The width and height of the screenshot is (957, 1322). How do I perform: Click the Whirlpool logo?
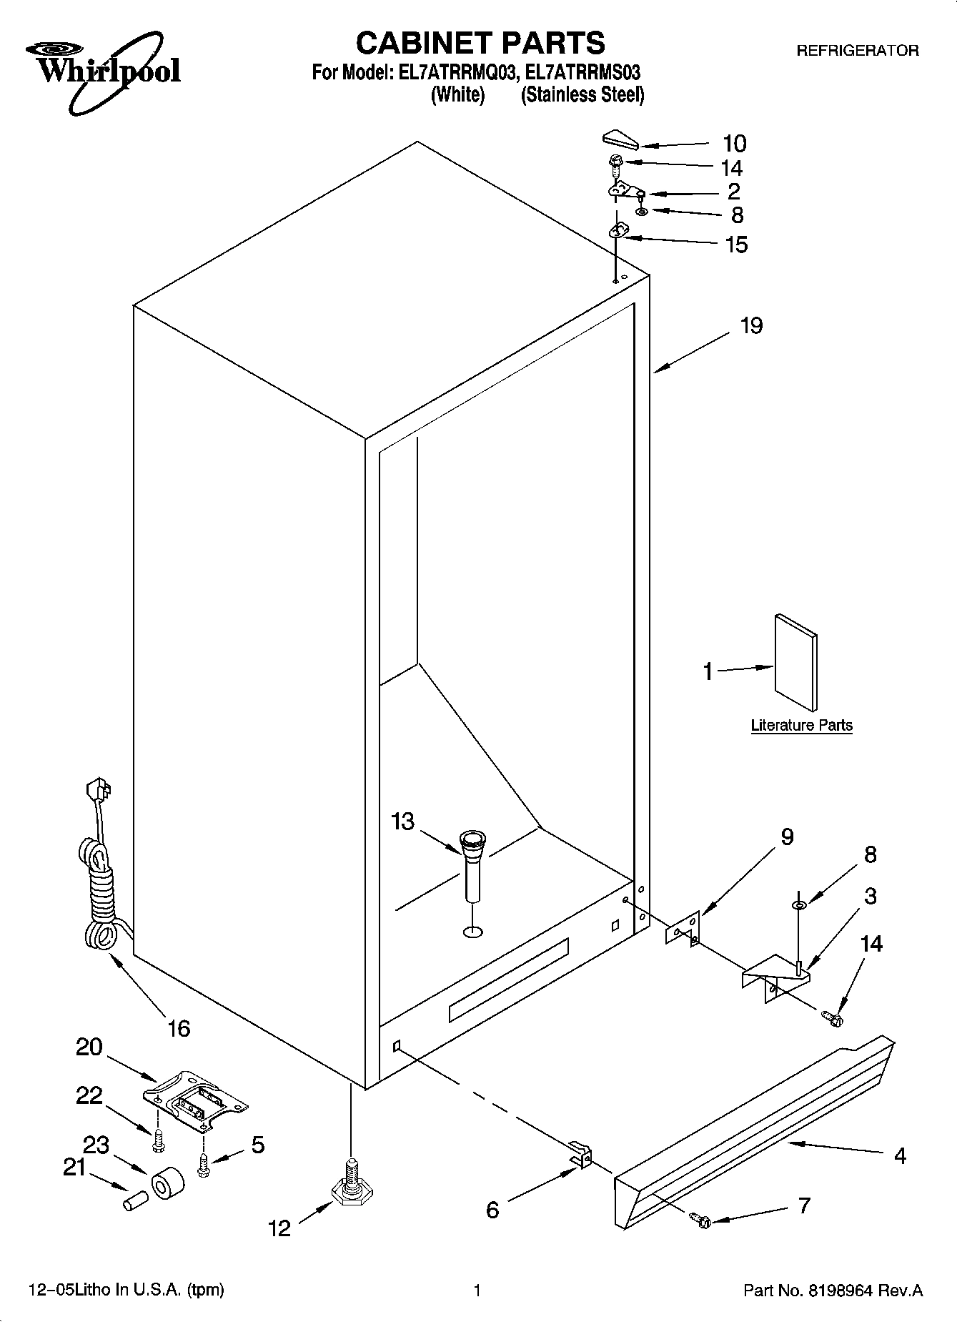pyautogui.click(x=103, y=70)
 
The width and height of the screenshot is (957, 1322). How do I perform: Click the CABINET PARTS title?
pyautogui.click(x=480, y=44)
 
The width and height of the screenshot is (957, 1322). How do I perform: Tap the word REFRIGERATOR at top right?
pyautogui.click(x=857, y=51)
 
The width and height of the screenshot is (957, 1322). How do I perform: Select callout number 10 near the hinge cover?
pyautogui.click(x=734, y=144)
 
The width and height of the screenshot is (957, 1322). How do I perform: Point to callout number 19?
pyautogui.click(x=751, y=326)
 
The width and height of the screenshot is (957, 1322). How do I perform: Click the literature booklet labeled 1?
pyautogui.click(x=795, y=662)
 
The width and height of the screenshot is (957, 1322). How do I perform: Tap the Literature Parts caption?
pyautogui.click(x=801, y=725)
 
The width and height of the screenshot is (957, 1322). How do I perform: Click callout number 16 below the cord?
pyautogui.click(x=179, y=1028)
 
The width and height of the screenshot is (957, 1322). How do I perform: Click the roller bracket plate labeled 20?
pyautogui.click(x=194, y=1099)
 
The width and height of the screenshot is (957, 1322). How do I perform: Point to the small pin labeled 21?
pyautogui.click(x=134, y=1199)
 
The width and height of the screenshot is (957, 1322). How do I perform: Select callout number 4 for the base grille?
pyautogui.click(x=899, y=1155)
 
